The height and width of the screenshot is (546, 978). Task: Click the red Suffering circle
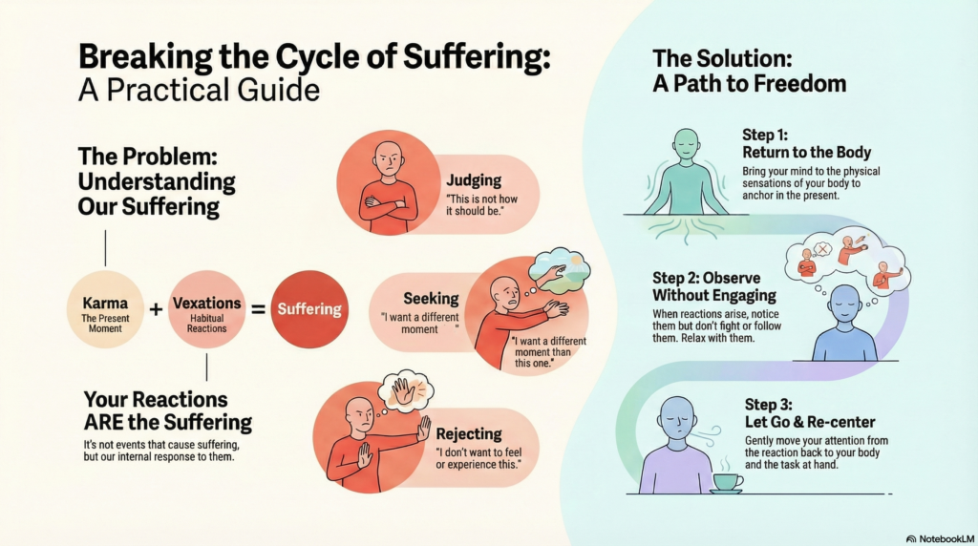[308, 308]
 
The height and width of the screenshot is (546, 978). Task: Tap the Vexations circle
[206, 308]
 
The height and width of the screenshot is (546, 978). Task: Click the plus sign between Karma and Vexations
[156, 308]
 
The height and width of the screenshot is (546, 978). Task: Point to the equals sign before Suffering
[257, 308]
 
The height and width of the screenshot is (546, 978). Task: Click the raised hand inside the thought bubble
[404, 390]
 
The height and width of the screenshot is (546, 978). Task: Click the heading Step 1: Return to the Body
[806, 143]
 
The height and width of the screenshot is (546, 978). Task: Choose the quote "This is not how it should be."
[480, 205]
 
